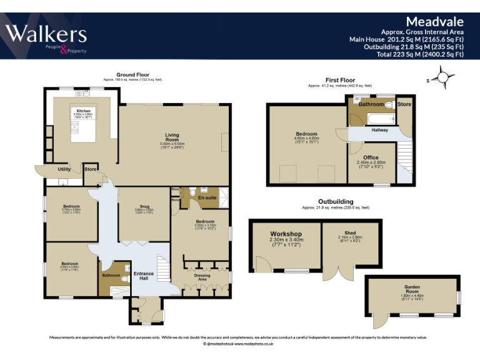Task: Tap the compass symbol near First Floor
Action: [444, 79]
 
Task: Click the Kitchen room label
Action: [83, 111]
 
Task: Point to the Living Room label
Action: [172, 137]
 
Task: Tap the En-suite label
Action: [206, 198]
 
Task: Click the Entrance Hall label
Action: [144, 276]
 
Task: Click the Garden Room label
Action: [412, 287]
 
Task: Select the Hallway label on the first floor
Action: [380, 130]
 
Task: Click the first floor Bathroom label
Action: [371, 104]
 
